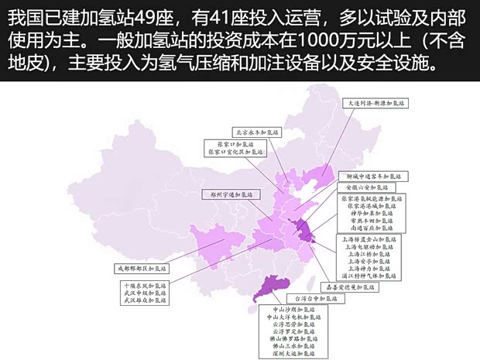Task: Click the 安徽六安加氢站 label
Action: tap(365, 187)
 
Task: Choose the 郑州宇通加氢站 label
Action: tap(227, 194)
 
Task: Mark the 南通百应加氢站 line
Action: tap(367, 228)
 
